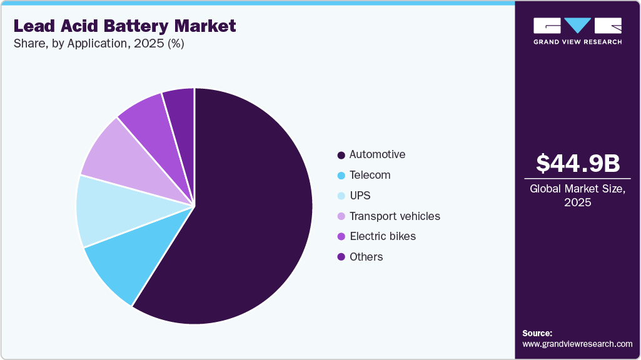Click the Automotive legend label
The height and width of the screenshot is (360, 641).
(x=377, y=154)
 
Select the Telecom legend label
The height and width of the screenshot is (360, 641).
(x=370, y=175)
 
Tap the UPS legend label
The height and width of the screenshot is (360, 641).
(x=360, y=196)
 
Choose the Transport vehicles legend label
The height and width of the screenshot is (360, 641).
(x=395, y=216)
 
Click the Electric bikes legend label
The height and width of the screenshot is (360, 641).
(x=382, y=236)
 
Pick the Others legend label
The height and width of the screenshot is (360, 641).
(x=366, y=257)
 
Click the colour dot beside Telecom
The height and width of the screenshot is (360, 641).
(x=341, y=176)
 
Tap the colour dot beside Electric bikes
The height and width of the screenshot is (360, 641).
(x=341, y=237)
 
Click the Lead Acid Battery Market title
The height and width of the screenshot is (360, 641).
(x=124, y=26)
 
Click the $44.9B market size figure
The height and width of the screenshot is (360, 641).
(x=578, y=164)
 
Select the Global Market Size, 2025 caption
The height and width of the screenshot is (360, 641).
(x=578, y=195)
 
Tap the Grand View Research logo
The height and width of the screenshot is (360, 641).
(x=577, y=31)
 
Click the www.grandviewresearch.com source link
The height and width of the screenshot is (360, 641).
(x=577, y=344)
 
